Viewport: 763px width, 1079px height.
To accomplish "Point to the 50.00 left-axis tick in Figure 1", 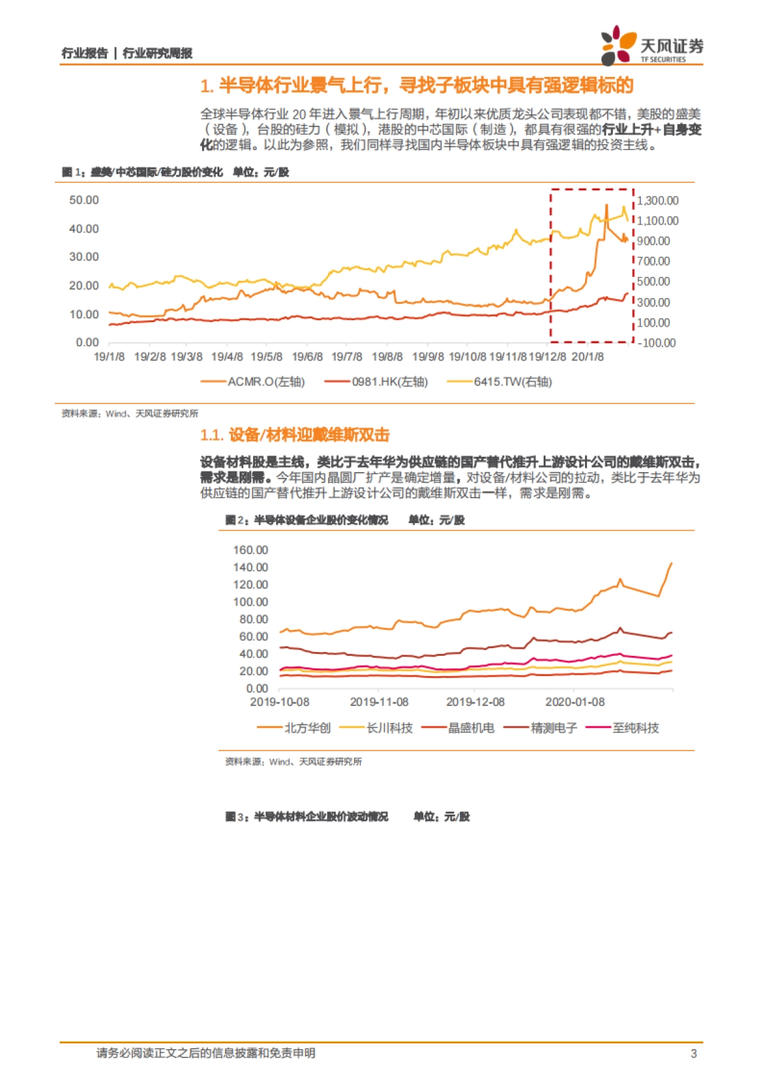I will point(84,200).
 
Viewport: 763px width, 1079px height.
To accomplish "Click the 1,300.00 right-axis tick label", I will point(657,201).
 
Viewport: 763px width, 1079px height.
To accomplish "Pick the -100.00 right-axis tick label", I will point(656,343).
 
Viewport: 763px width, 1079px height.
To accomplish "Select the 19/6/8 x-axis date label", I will point(307,357).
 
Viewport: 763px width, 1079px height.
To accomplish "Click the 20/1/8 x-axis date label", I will point(588,357).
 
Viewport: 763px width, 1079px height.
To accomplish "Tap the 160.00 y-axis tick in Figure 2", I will point(251,550).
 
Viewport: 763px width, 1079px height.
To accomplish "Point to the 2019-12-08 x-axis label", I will point(475,702).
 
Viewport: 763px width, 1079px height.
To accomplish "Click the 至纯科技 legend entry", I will point(635,728).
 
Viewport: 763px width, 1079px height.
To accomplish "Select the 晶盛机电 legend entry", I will point(471,728).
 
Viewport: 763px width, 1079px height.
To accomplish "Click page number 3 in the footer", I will point(694,1054).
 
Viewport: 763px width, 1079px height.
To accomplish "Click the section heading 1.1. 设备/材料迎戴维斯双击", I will point(294,435).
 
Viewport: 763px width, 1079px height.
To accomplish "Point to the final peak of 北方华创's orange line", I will point(671,563).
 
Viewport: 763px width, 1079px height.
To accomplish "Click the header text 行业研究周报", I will point(157,53).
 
